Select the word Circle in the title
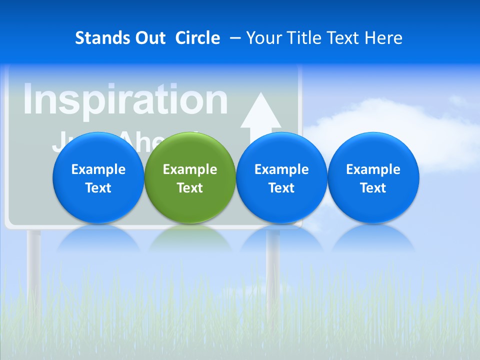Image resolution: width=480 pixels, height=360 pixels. pyautogui.click(x=197, y=38)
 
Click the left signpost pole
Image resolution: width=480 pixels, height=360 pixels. pyautogui.click(x=34, y=265)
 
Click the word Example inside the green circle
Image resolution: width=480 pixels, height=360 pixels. pyautogui.click(x=190, y=169)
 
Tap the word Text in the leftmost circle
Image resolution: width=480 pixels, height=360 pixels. pyautogui.click(x=98, y=188)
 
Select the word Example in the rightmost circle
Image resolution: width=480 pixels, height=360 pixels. pyautogui.click(x=373, y=169)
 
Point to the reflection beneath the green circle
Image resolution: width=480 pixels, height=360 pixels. pyautogui.click(x=190, y=237)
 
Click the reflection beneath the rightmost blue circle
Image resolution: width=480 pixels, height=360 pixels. pyautogui.click(x=373, y=237)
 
